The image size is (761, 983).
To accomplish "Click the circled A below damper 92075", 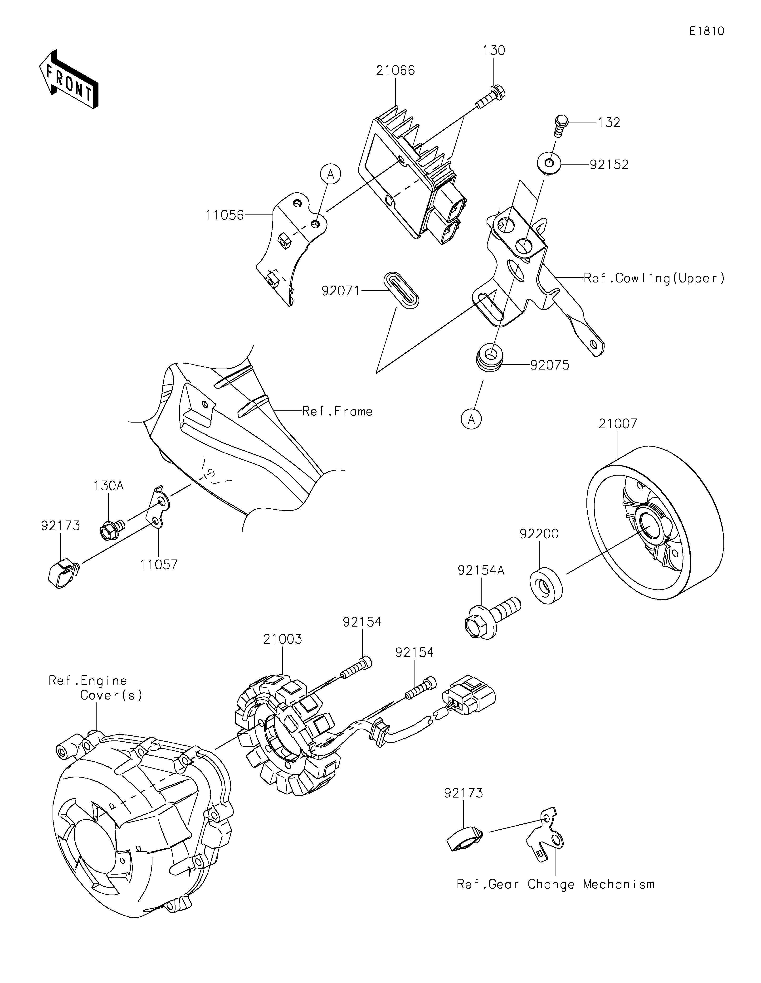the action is pos(471,419).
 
